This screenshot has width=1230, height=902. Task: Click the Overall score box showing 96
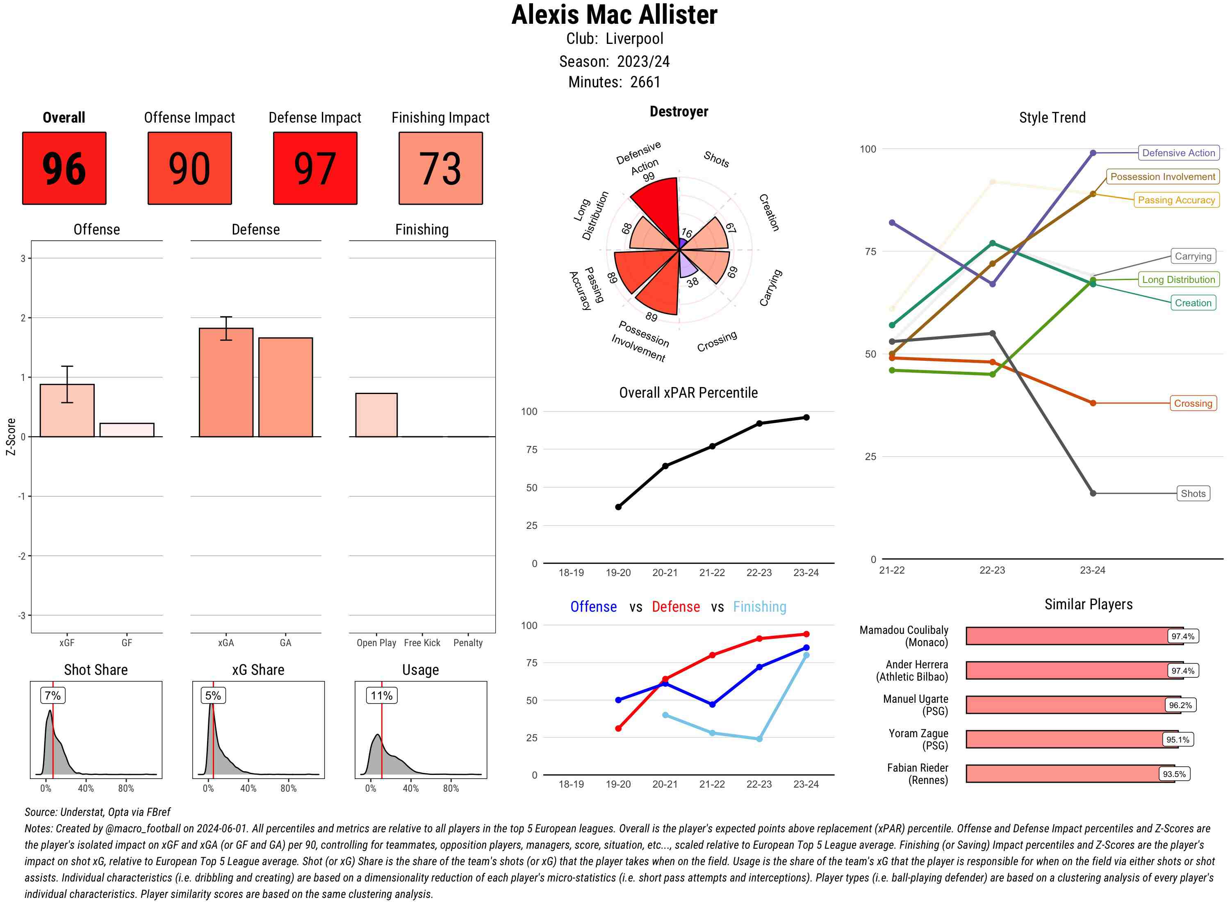(x=64, y=168)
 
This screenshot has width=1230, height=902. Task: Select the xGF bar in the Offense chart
(x=67, y=410)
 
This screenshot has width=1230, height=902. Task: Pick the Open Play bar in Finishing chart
(x=376, y=415)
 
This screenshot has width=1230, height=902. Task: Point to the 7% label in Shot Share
(x=52, y=695)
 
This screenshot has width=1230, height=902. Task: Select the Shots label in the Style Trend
(x=1192, y=494)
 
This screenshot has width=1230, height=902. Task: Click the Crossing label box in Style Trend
(x=1192, y=403)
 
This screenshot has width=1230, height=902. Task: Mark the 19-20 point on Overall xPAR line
(x=618, y=507)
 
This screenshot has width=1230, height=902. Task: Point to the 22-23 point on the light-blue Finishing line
(x=759, y=739)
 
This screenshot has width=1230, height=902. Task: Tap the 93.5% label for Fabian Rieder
(x=1174, y=774)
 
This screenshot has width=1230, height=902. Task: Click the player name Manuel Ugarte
(x=915, y=699)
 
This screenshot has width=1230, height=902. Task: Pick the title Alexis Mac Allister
(x=614, y=15)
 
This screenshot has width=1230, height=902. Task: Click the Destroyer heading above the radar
(x=679, y=112)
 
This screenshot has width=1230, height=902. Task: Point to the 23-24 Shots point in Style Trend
(x=1092, y=494)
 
